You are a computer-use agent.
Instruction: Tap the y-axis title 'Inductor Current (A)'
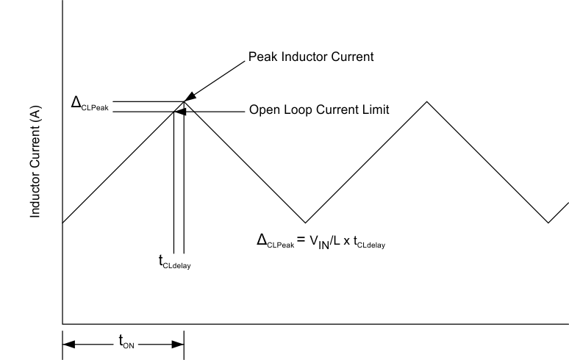[x=35, y=162]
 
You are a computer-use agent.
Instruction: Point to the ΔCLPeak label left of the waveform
[x=87, y=104]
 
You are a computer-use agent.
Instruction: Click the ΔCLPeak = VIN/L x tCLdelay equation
[x=321, y=240]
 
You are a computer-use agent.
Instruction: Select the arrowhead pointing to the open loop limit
[x=179, y=112]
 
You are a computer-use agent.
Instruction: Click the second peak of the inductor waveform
[x=426, y=101]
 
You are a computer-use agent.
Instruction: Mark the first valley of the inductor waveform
[x=305, y=223]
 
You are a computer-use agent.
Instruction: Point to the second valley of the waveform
[x=548, y=223]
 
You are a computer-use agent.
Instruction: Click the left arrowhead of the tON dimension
[x=67, y=344]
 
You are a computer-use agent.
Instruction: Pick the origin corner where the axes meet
[x=62, y=323]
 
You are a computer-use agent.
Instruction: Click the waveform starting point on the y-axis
[x=63, y=222]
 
